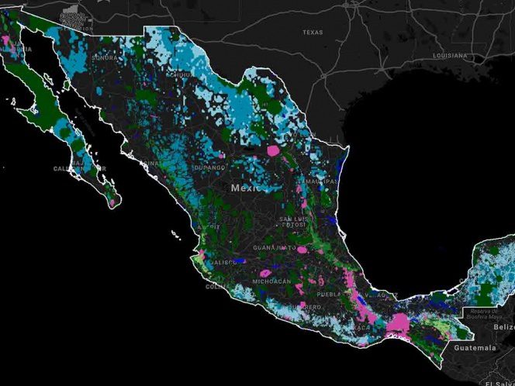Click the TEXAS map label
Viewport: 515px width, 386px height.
click(x=312, y=33)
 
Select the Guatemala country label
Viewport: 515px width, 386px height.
click(x=476, y=349)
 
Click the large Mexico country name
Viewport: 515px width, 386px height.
click(x=247, y=188)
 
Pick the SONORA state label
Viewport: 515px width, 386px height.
click(x=104, y=57)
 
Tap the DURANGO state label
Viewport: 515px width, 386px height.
click(x=209, y=167)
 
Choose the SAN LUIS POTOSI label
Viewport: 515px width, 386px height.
click(x=293, y=223)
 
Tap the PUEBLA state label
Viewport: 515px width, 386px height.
click(x=329, y=295)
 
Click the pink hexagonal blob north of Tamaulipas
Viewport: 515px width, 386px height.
click(x=275, y=152)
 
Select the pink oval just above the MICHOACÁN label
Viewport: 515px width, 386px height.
click(x=265, y=272)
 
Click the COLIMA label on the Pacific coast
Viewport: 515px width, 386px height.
click(x=215, y=286)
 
